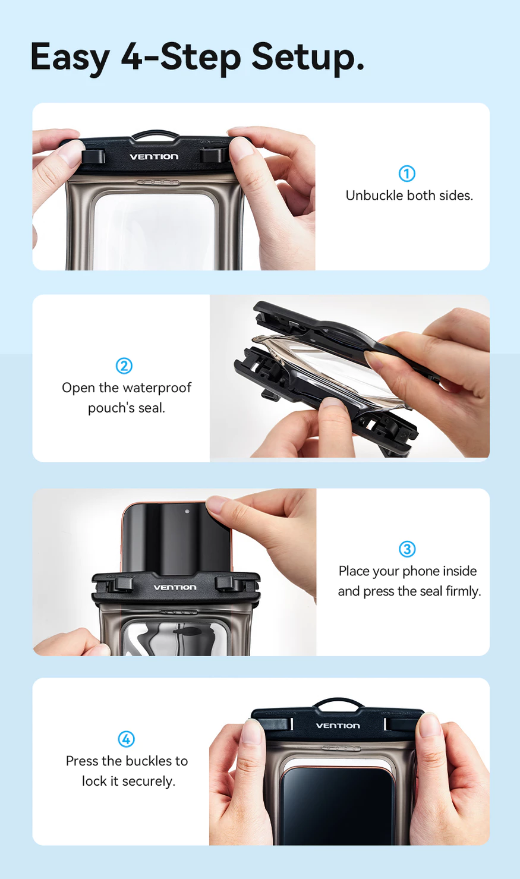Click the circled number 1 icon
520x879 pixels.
point(407,174)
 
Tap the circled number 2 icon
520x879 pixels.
point(124,366)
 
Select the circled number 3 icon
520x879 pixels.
point(407,549)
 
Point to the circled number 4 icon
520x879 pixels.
point(127,739)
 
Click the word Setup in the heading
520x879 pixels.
point(308,58)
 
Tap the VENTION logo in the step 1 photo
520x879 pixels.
point(154,156)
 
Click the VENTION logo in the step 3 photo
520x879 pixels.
point(175,587)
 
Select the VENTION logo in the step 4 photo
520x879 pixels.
point(338,726)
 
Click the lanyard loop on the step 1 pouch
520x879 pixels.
point(156,133)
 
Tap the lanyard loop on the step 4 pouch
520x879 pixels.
point(339,700)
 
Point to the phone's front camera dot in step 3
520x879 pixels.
point(187,511)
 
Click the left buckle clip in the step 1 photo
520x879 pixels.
point(93,156)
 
